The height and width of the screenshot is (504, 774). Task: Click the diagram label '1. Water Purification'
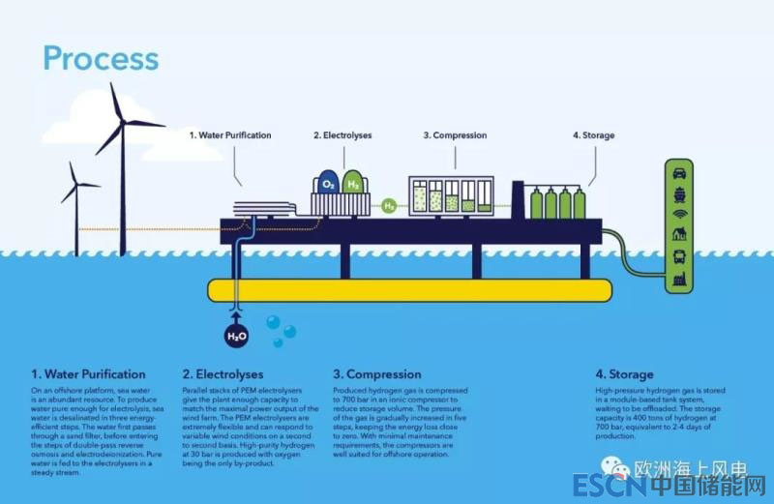(x=229, y=135)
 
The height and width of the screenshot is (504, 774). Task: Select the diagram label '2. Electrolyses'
(x=342, y=135)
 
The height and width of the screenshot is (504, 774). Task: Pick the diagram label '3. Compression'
(x=455, y=135)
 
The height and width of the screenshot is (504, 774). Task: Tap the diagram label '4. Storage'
(x=593, y=135)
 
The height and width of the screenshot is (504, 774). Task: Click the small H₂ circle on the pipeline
(x=389, y=205)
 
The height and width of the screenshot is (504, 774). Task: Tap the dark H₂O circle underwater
(x=236, y=336)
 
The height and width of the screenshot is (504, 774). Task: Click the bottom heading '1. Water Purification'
(x=88, y=373)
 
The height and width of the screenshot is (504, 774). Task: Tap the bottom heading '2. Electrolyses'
(x=223, y=373)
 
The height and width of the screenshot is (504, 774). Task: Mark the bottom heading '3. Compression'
(x=377, y=373)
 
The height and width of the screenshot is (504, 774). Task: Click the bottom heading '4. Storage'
(x=624, y=373)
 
